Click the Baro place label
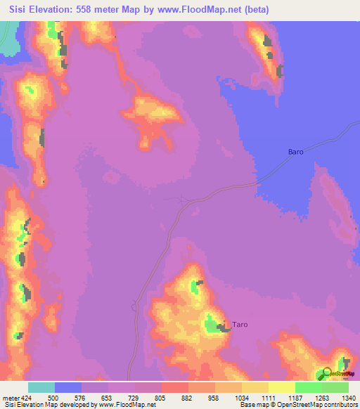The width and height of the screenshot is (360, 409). [x=295, y=152]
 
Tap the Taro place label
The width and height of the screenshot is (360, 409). [x=240, y=325]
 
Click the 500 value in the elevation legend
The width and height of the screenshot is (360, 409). [x=67, y=398]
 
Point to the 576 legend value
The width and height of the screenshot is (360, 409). [x=94, y=398]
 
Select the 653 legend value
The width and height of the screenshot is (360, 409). [x=120, y=398]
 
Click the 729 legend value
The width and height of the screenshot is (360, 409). [x=147, y=398]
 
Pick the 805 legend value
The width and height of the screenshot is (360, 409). [x=174, y=398]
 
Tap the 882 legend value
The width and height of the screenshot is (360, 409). [x=200, y=398]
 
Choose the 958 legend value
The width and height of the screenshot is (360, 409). [x=227, y=398]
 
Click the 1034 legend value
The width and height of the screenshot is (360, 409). [x=254, y=398]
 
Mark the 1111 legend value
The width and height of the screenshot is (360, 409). [x=281, y=398]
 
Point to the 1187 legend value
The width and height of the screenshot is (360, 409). [x=307, y=398]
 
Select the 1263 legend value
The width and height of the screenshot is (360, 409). [x=334, y=398]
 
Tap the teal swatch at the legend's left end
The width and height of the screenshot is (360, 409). [x=41, y=387]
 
